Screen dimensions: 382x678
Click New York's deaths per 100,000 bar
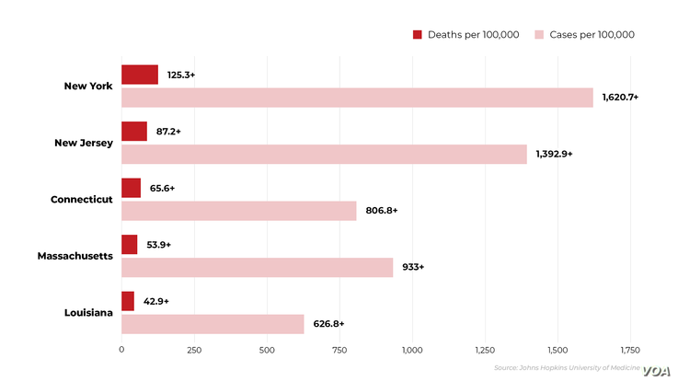tap(140, 75)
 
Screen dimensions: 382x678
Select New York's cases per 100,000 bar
tap(357, 98)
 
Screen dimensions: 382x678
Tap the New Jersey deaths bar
tap(134, 132)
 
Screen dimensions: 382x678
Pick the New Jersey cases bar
tap(324, 154)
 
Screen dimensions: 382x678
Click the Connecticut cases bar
tap(239, 211)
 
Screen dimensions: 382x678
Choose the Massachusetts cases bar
tap(258, 267)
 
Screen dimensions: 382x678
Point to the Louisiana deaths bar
tap(128, 301)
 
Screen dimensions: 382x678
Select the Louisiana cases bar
tap(213, 324)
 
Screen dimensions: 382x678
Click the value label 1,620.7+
tap(621, 97)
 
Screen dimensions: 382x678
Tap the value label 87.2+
tap(168, 132)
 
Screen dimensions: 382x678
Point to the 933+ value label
tap(413, 267)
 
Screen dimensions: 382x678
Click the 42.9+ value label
tap(155, 301)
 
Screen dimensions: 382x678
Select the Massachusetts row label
tap(75, 255)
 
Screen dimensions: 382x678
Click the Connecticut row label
tap(82, 199)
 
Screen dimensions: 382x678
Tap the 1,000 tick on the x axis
tap(412, 350)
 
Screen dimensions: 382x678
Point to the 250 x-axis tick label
tap(194, 350)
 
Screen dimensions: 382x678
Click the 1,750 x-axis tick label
tap(630, 350)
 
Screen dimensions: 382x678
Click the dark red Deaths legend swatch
tap(417, 35)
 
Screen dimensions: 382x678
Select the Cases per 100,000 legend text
tap(592, 35)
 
